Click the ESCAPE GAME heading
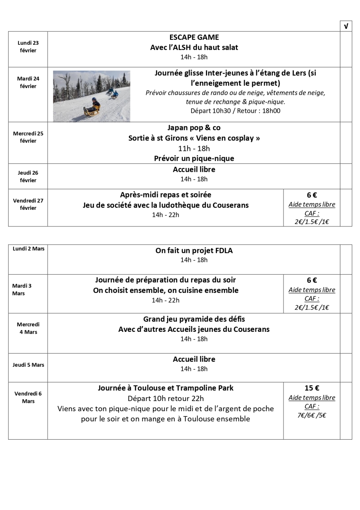(194, 37)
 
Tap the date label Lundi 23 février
(28, 47)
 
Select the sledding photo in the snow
(92, 96)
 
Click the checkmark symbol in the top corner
(346, 26)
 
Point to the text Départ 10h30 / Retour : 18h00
(235, 111)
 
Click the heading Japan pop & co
(194, 127)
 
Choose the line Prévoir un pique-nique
(194, 158)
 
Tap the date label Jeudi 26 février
(28, 176)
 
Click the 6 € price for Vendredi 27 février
(312, 195)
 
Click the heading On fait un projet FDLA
(194, 251)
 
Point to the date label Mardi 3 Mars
(22, 290)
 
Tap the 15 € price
(312, 388)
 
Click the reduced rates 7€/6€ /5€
(312, 415)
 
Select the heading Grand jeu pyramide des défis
(194, 319)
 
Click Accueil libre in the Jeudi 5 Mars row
(194, 359)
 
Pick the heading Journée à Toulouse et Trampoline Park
(166, 388)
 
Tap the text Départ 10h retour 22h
(166, 399)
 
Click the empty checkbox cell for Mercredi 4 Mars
(346, 333)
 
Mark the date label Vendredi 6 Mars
(28, 397)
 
